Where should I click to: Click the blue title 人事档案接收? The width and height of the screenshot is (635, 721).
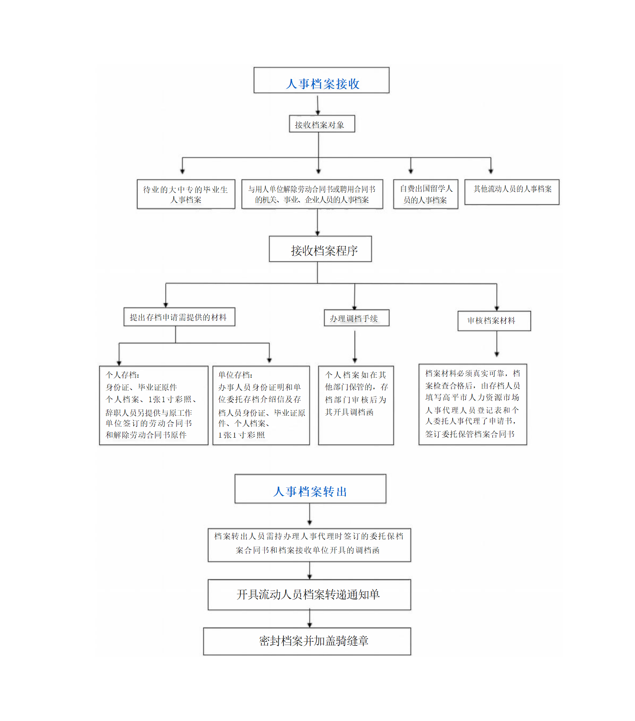(323, 84)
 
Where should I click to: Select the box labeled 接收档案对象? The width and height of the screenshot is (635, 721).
(322, 124)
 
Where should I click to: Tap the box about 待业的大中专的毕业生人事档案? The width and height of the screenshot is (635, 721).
(186, 194)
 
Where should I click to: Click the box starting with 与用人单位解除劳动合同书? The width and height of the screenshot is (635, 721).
(312, 194)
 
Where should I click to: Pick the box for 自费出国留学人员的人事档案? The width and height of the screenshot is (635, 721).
(426, 194)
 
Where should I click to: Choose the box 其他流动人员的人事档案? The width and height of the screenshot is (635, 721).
(512, 192)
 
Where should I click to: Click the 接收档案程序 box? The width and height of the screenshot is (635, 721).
(320, 249)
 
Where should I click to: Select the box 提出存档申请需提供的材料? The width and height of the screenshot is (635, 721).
(179, 317)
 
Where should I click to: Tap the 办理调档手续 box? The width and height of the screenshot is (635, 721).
(357, 318)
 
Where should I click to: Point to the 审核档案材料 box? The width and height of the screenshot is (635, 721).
(494, 321)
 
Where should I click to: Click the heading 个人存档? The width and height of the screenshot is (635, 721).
(122, 375)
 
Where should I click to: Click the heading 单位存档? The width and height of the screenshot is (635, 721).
(235, 375)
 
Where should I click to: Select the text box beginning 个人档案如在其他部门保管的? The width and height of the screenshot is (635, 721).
(356, 405)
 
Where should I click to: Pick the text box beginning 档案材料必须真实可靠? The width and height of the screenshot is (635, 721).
(473, 405)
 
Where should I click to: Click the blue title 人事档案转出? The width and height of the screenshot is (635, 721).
(310, 491)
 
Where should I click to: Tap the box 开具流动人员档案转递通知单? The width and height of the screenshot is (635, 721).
(309, 595)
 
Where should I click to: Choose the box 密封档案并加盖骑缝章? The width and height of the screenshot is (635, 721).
(307, 641)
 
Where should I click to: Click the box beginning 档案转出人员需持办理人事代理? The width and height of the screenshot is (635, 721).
(309, 545)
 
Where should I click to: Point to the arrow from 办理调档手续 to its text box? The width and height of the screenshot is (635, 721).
(355, 347)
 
